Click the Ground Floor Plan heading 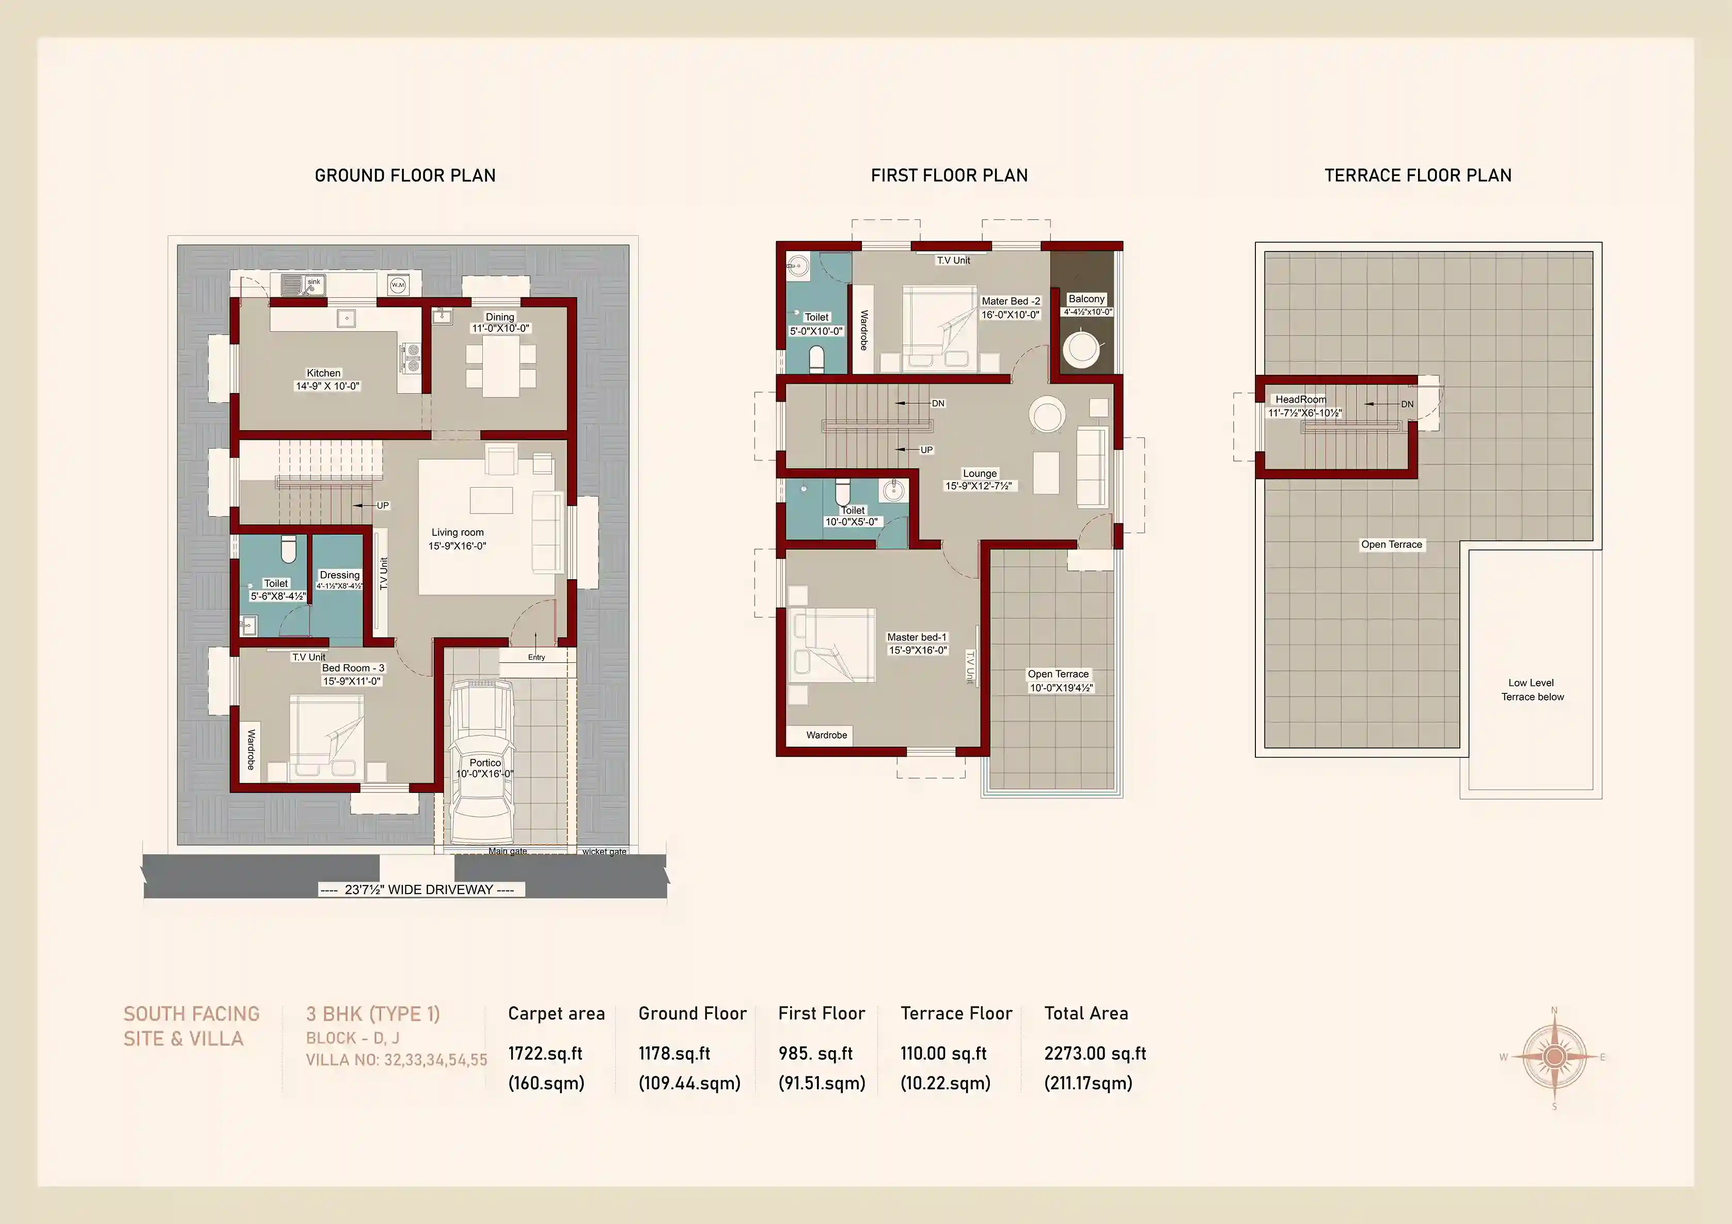(x=405, y=176)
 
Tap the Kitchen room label (x=324, y=373)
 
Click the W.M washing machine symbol (x=398, y=285)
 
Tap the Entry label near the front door (x=537, y=657)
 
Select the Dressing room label (x=339, y=575)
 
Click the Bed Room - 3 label (x=353, y=668)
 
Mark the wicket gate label (x=604, y=851)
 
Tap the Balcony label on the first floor (x=1087, y=299)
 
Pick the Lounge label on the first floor (x=980, y=473)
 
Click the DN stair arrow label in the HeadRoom (x=1407, y=404)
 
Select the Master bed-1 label (x=917, y=637)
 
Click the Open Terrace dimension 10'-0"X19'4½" (x=1061, y=688)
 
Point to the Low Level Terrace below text (x=1532, y=689)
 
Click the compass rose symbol (x=1554, y=1057)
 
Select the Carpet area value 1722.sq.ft (x=545, y=1054)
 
